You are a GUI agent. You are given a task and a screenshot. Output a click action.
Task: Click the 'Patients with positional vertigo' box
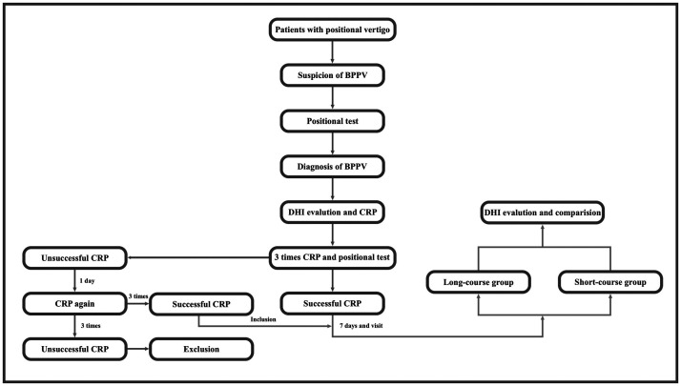point(332,30)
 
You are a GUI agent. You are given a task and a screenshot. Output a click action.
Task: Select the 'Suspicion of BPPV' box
point(332,75)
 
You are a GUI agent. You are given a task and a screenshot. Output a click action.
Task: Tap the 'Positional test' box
point(332,121)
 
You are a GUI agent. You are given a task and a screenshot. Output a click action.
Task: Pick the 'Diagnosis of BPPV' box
point(332,166)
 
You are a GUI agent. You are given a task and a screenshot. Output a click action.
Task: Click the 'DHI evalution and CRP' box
point(332,213)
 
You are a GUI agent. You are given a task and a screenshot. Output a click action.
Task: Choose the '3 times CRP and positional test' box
point(332,257)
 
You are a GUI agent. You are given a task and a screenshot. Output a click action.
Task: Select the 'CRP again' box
point(74,303)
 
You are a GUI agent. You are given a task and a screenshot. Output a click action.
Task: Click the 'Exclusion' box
point(201,349)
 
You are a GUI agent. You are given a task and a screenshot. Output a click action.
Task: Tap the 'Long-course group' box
point(478,282)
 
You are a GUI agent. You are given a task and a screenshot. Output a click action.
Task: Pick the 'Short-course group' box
point(610,282)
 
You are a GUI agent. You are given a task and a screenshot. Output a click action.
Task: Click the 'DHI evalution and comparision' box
point(543,213)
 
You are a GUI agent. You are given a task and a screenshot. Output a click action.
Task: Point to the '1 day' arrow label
point(87,281)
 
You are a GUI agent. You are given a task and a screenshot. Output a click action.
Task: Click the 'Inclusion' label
point(263,319)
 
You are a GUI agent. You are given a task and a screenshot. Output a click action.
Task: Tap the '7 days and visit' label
point(361,325)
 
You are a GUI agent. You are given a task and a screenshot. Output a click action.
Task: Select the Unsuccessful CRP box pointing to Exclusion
point(74,349)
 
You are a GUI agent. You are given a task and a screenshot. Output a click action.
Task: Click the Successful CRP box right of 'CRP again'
point(201,304)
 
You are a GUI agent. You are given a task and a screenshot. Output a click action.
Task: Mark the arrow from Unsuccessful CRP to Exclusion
point(138,349)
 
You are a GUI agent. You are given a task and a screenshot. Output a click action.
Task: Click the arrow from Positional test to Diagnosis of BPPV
point(332,144)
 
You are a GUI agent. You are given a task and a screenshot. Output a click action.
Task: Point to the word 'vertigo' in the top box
point(375,30)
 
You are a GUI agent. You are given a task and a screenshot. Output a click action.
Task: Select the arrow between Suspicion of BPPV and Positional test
point(332,98)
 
